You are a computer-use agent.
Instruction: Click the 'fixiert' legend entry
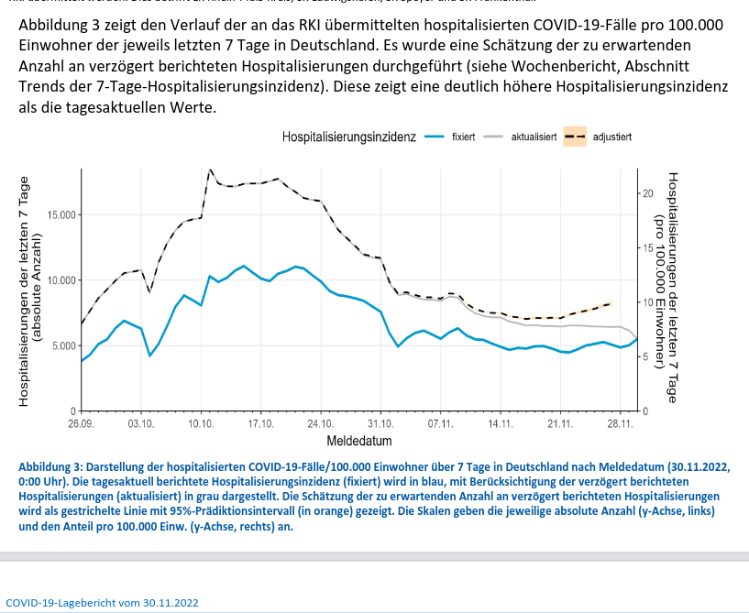pos(463,137)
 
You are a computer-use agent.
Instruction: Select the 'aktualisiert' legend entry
pos(534,137)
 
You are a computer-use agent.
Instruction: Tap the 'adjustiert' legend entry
pos(611,137)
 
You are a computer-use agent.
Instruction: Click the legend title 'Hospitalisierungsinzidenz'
pos(349,137)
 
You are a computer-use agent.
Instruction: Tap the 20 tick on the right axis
pos(646,194)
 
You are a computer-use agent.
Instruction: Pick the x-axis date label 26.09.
pos(81,424)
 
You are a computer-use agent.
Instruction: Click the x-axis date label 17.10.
pos(260,424)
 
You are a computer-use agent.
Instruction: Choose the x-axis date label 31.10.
pos(380,424)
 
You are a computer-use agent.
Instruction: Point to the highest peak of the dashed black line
pos(210,170)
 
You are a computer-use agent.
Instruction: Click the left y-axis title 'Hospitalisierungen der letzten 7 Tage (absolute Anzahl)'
pos(30,290)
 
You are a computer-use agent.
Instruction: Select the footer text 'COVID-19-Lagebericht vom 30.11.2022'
pos(102,604)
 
